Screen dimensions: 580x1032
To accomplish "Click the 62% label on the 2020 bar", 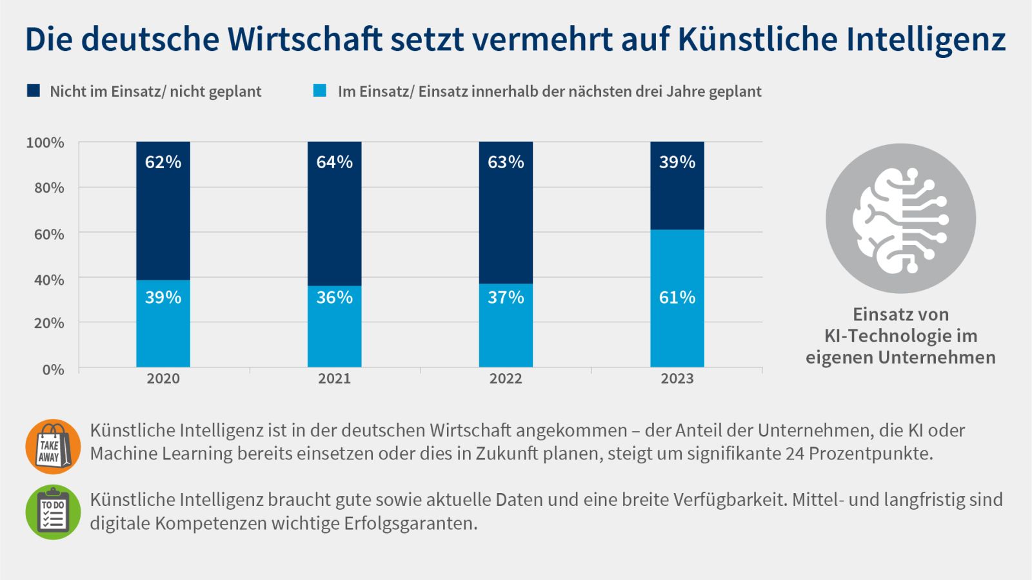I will pyautogui.click(x=163, y=162).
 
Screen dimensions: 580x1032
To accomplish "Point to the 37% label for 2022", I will pyautogui.click(x=505, y=297).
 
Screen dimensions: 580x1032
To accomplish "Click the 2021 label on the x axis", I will pyautogui.click(x=334, y=378).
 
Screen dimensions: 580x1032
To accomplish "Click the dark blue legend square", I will pyautogui.click(x=33, y=90).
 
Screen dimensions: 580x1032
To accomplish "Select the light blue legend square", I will pyautogui.click(x=319, y=90).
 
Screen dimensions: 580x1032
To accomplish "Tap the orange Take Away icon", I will pyautogui.click(x=53, y=447).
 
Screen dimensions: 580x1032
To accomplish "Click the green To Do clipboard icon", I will pyautogui.click(x=53, y=512).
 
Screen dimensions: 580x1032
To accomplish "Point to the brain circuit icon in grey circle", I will pyautogui.click(x=900, y=218).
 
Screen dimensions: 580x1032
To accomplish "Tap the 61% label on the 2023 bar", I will pyautogui.click(x=677, y=297).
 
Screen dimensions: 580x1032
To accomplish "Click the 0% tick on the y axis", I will pyautogui.click(x=53, y=369).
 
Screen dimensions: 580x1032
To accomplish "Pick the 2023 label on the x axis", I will pyautogui.click(x=677, y=378).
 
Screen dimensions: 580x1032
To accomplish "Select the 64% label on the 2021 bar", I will pyautogui.click(x=334, y=162).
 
